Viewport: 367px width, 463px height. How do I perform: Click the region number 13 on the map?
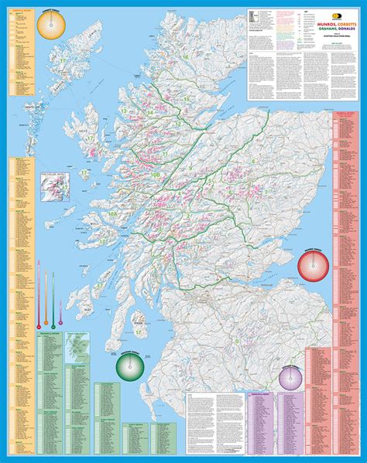[x=124, y=112]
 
